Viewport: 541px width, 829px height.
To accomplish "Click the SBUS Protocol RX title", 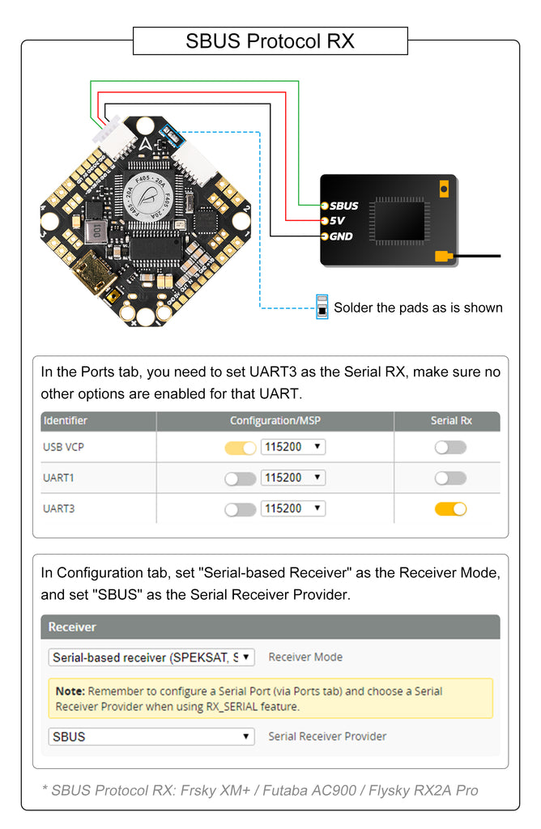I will (270, 40).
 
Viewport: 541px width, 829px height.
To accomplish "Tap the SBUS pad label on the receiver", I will (343, 206).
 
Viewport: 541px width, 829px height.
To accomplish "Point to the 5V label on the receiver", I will (337, 221).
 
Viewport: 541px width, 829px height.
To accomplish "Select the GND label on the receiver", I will (341, 236).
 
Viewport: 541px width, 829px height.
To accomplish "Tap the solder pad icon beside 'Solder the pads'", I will (322, 308).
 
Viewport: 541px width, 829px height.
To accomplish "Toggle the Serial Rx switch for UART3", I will (450, 509).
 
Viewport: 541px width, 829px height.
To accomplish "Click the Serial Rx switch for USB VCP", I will (450, 447).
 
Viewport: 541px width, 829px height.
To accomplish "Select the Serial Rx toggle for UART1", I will (450, 478).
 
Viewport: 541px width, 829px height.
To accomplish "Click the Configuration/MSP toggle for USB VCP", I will (240, 448).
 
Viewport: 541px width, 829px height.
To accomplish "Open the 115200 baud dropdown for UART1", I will (292, 478).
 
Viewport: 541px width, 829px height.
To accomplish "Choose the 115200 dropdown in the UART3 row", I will (292, 509).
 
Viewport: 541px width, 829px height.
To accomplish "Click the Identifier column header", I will (66, 421).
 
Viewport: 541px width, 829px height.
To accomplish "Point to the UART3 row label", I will (59, 509).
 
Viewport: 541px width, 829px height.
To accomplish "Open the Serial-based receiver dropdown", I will (151, 657).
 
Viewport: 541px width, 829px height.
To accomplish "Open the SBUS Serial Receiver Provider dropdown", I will (151, 737).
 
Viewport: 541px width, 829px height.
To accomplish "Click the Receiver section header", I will (72, 627).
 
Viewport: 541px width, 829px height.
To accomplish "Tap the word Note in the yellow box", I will (70, 691).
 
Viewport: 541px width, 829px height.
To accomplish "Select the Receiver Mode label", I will (305, 657).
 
